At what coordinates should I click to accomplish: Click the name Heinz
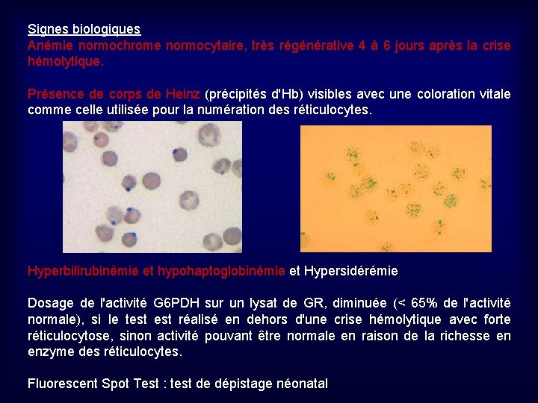(x=183, y=94)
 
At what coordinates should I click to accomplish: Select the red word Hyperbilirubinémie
(x=83, y=271)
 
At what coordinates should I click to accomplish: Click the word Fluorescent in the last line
(x=61, y=384)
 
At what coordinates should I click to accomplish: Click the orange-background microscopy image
(x=395, y=188)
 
